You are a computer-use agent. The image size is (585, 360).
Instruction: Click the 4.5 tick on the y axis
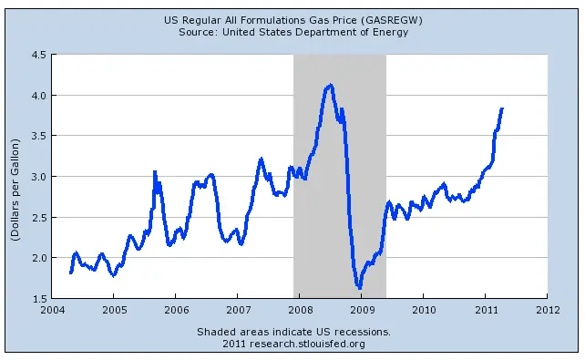[38, 55]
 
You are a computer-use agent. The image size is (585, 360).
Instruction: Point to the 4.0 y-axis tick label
[38, 95]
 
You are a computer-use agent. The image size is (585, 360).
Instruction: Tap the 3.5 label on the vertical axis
[38, 136]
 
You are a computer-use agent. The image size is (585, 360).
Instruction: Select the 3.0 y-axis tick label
[38, 176]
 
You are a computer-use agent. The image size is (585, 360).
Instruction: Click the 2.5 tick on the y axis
[38, 217]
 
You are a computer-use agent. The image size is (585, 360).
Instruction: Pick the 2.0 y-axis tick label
[38, 257]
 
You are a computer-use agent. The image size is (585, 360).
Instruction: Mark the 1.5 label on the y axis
[38, 298]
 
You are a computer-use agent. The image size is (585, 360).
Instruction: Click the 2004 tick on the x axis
[52, 310]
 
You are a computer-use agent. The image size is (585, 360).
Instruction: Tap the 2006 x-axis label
[175, 310]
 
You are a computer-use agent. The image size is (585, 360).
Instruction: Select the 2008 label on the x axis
[299, 310]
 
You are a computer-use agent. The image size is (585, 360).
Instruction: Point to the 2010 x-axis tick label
[423, 310]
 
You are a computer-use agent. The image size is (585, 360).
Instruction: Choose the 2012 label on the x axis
[547, 310]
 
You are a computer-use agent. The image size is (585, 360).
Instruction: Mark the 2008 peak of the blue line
[330, 85]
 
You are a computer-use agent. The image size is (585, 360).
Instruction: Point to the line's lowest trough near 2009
[360, 288]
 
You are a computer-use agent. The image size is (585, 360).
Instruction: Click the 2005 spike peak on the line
[155, 171]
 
